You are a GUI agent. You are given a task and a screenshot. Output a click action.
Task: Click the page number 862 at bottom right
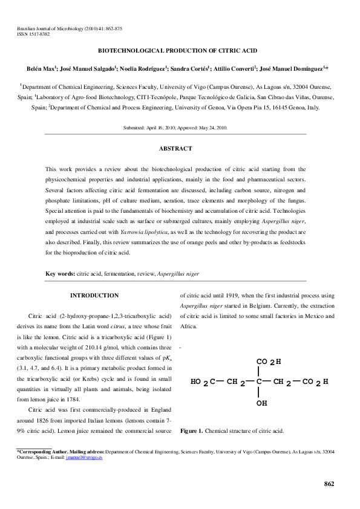(x=329, y=483)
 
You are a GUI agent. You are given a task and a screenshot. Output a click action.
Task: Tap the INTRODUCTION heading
(x=94, y=295)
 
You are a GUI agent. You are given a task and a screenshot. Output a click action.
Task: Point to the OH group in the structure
(x=262, y=402)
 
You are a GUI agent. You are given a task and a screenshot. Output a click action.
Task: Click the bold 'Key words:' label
(x=61, y=273)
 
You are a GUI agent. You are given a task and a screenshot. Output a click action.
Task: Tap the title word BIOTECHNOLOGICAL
(x=131, y=53)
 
